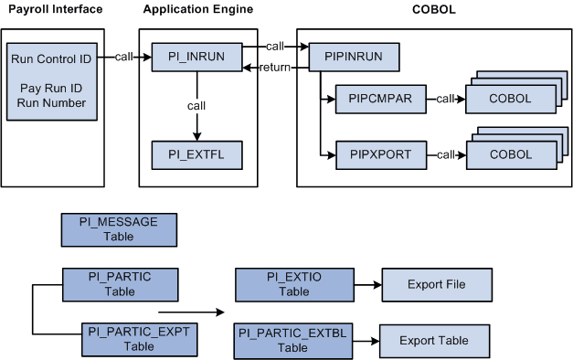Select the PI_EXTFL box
click(x=195, y=154)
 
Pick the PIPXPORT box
click(x=380, y=154)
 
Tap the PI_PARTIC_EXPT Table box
click(x=139, y=338)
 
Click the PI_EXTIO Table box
click(x=293, y=284)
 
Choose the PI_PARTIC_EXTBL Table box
click(x=292, y=339)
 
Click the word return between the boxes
click(x=277, y=69)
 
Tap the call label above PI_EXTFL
click(x=196, y=105)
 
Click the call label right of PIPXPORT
click(x=446, y=154)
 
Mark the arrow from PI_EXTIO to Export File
click(x=366, y=284)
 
